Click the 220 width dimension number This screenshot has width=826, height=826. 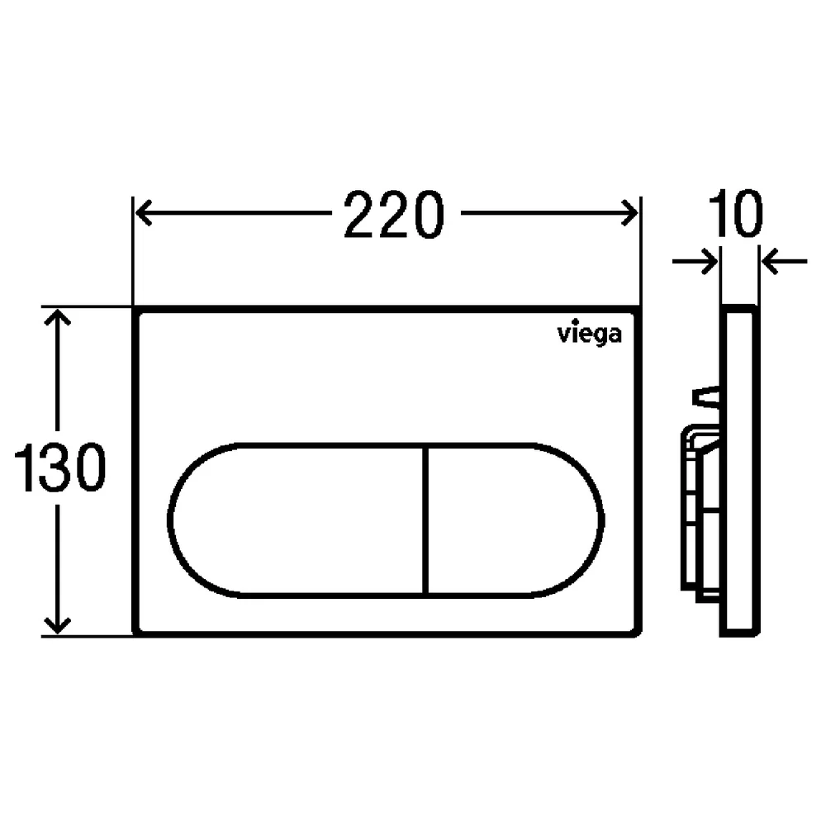pyautogui.click(x=394, y=215)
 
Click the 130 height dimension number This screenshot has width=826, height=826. pyautogui.click(x=60, y=468)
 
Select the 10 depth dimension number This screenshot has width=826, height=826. pyautogui.click(x=736, y=213)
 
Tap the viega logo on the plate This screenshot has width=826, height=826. pyautogui.click(x=590, y=335)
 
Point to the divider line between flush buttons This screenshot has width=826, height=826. pyautogui.click(x=425, y=520)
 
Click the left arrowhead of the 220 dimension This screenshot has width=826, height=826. pyautogui.click(x=144, y=213)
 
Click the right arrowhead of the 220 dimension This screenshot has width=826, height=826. pyautogui.click(x=629, y=213)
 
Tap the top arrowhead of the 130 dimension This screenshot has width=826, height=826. pyautogui.click(x=57, y=318)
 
